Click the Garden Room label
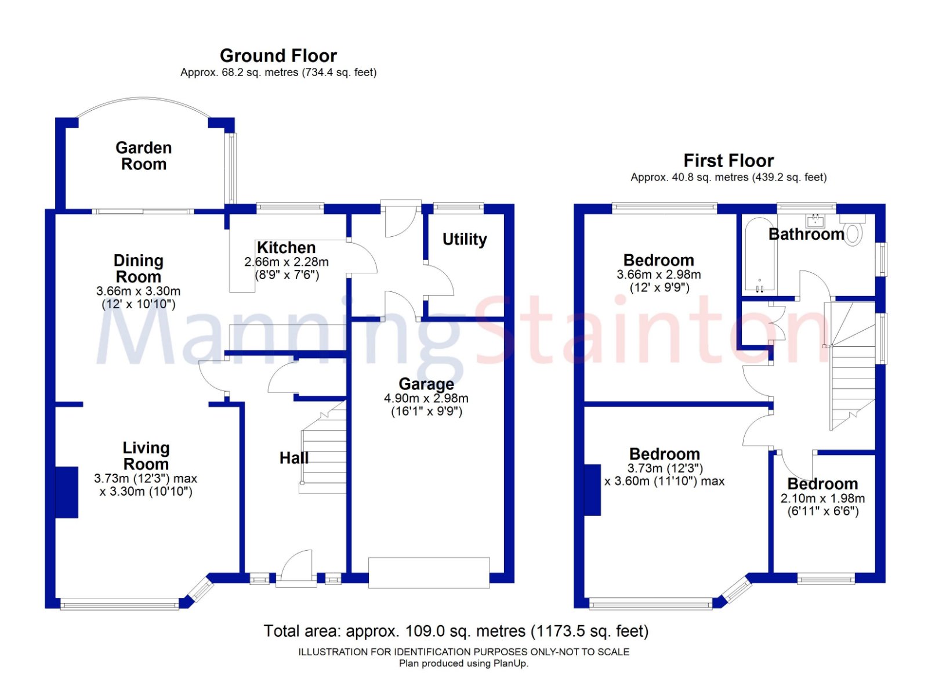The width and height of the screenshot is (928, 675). pos(143,156)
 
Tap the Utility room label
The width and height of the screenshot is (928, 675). pos(464,239)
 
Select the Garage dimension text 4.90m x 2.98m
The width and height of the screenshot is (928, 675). pos(426,399)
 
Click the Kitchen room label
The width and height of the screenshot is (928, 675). pos(286,248)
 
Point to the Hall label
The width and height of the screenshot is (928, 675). pos(293,458)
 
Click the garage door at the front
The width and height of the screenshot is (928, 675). pos(429,572)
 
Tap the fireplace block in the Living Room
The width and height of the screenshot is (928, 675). pos(67,492)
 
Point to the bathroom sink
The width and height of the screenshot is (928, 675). pos(815,220)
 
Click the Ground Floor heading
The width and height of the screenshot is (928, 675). pos(278,56)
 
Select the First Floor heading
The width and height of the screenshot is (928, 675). pos(728,160)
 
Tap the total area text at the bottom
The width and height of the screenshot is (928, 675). pos(456,631)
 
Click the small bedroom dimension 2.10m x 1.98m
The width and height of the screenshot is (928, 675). pos(822,499)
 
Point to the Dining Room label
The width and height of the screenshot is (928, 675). pos(138,268)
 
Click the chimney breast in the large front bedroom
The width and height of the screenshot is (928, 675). pos(593,490)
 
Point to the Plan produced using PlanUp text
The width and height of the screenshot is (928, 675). pos(463,663)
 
